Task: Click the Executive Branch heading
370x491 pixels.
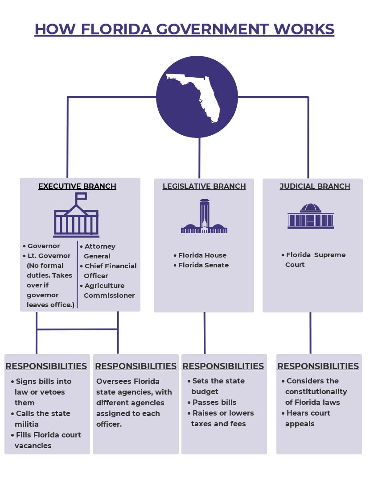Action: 77,186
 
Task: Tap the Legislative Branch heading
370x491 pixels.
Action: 204,186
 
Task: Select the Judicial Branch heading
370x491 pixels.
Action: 315,186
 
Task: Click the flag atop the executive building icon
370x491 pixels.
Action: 81,196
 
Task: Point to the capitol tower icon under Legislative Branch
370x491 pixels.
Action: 204,217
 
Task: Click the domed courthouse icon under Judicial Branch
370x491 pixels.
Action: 311,216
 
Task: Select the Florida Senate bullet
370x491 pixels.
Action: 203,265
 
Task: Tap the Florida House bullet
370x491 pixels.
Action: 202,255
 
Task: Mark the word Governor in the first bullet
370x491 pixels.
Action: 44,246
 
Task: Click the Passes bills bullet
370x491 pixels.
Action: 214,402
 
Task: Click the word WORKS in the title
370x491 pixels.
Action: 305,29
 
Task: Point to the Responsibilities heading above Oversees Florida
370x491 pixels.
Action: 136,366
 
